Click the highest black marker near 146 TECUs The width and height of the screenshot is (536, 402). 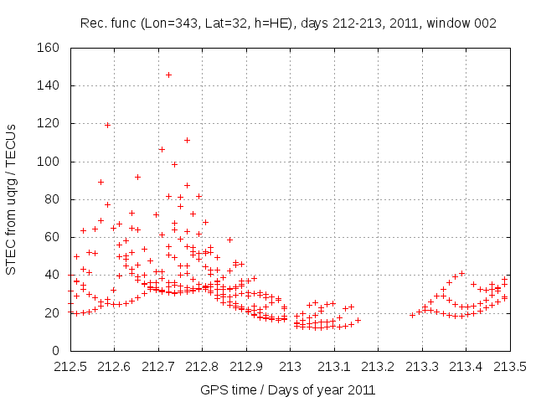click(168, 75)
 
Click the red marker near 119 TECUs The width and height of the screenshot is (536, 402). click(107, 125)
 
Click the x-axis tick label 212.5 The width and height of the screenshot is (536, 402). click(70, 366)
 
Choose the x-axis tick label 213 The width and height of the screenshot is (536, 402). click(291, 366)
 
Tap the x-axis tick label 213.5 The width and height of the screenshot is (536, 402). click(511, 366)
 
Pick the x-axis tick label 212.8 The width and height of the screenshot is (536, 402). click(203, 366)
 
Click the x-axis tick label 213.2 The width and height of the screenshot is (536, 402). click(379, 366)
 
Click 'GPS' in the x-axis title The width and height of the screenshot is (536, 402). click(214, 389)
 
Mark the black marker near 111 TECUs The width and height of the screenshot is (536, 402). click(187, 140)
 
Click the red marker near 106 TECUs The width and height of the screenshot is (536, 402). click(162, 149)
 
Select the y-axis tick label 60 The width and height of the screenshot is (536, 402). click(52, 237)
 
